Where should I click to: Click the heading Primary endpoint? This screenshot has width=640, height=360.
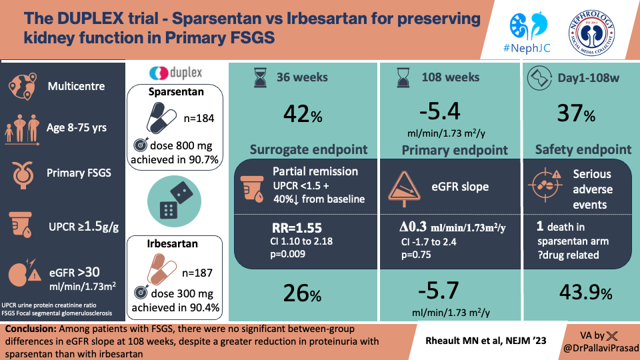(455, 150)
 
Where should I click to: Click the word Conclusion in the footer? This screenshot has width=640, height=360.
(30, 330)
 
